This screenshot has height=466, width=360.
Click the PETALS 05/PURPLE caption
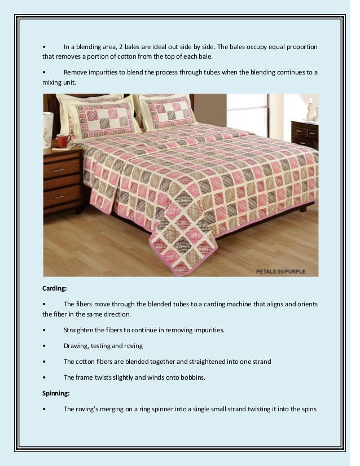click(x=280, y=271)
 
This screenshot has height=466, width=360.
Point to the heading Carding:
click(x=55, y=288)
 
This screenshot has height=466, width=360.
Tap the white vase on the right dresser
click(x=310, y=109)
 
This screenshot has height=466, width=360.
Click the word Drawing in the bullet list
click(x=76, y=346)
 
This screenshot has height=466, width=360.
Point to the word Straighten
click(x=79, y=330)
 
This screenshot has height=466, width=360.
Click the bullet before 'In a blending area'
click(x=44, y=46)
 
